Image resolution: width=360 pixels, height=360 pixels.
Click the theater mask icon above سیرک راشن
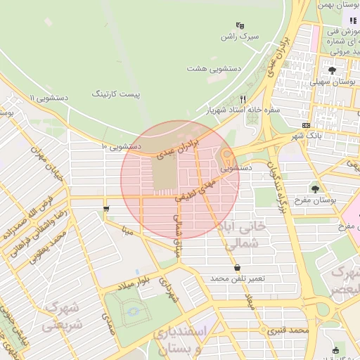click(x=240, y=25)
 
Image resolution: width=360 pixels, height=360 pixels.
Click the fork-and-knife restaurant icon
click(x=243, y=99)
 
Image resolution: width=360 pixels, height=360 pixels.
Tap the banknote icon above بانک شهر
click(x=305, y=124)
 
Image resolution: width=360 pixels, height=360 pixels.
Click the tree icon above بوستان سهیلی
click(x=332, y=70)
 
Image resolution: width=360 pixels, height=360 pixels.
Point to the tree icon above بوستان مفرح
click(x=315, y=188)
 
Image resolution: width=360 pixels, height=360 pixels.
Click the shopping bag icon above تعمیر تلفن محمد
click(x=237, y=267)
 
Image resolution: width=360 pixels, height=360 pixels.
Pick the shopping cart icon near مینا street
click(x=105, y=209)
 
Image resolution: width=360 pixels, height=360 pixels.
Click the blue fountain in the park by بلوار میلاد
click(x=133, y=310)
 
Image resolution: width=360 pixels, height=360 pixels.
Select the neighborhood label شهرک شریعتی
click(x=62, y=317)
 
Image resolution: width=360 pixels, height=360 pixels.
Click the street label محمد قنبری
click(x=289, y=329)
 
